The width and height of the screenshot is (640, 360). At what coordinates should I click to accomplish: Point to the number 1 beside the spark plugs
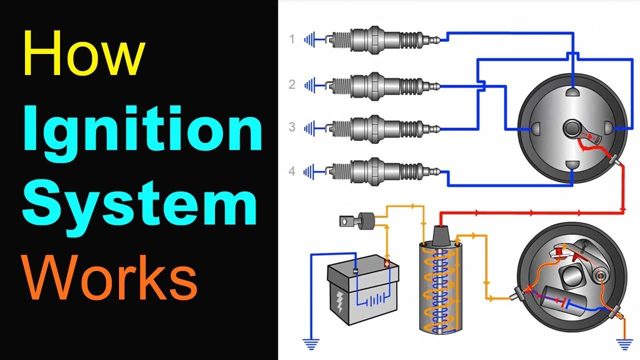point(292,39)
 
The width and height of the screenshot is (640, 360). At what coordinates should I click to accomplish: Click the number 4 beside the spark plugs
point(292,171)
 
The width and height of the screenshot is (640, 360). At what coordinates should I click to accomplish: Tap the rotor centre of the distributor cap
point(572,129)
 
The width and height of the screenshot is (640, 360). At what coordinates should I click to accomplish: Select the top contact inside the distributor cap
point(572,92)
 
